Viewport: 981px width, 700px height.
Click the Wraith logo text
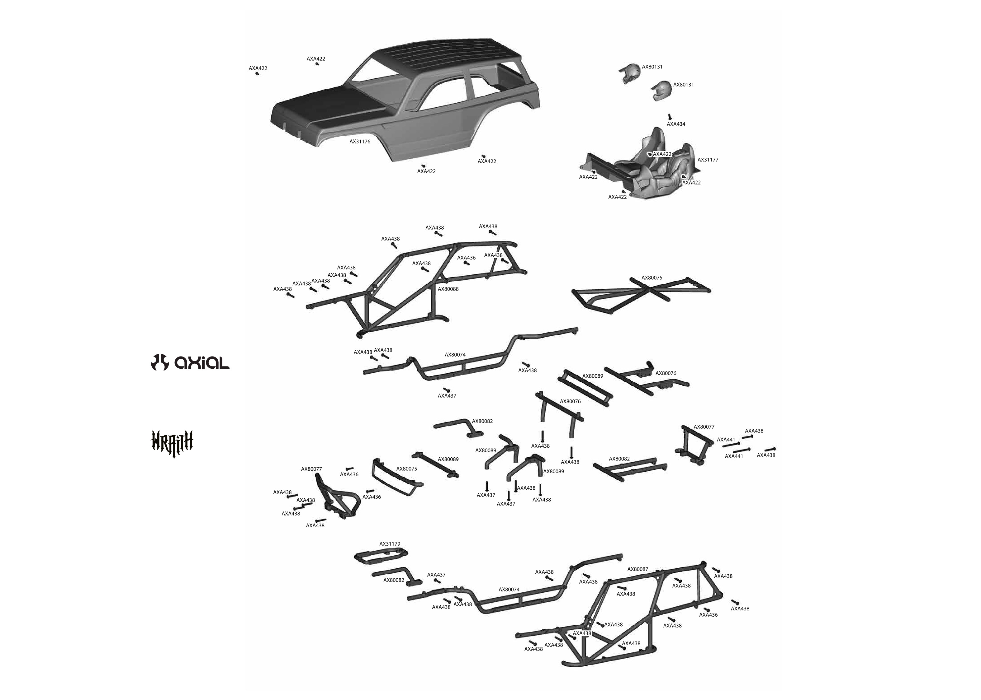coord(172,441)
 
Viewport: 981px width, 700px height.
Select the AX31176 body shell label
coord(360,141)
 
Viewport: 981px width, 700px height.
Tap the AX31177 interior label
coord(708,160)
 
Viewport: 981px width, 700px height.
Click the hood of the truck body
coord(328,104)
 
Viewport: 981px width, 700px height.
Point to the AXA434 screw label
coord(675,124)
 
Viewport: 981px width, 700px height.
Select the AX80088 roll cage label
coord(448,289)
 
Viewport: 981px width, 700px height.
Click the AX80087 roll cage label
coord(637,569)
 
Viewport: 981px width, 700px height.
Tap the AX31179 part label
coord(390,544)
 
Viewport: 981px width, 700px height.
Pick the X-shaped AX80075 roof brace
coord(643,294)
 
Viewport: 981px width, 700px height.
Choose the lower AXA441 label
coord(733,456)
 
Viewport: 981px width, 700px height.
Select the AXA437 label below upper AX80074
coord(447,396)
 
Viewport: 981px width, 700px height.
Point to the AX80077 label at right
coord(704,427)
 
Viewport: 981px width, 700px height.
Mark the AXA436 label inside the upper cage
coord(466,258)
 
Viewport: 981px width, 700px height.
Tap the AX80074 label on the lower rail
coord(509,590)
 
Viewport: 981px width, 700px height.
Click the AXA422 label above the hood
coord(316,58)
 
